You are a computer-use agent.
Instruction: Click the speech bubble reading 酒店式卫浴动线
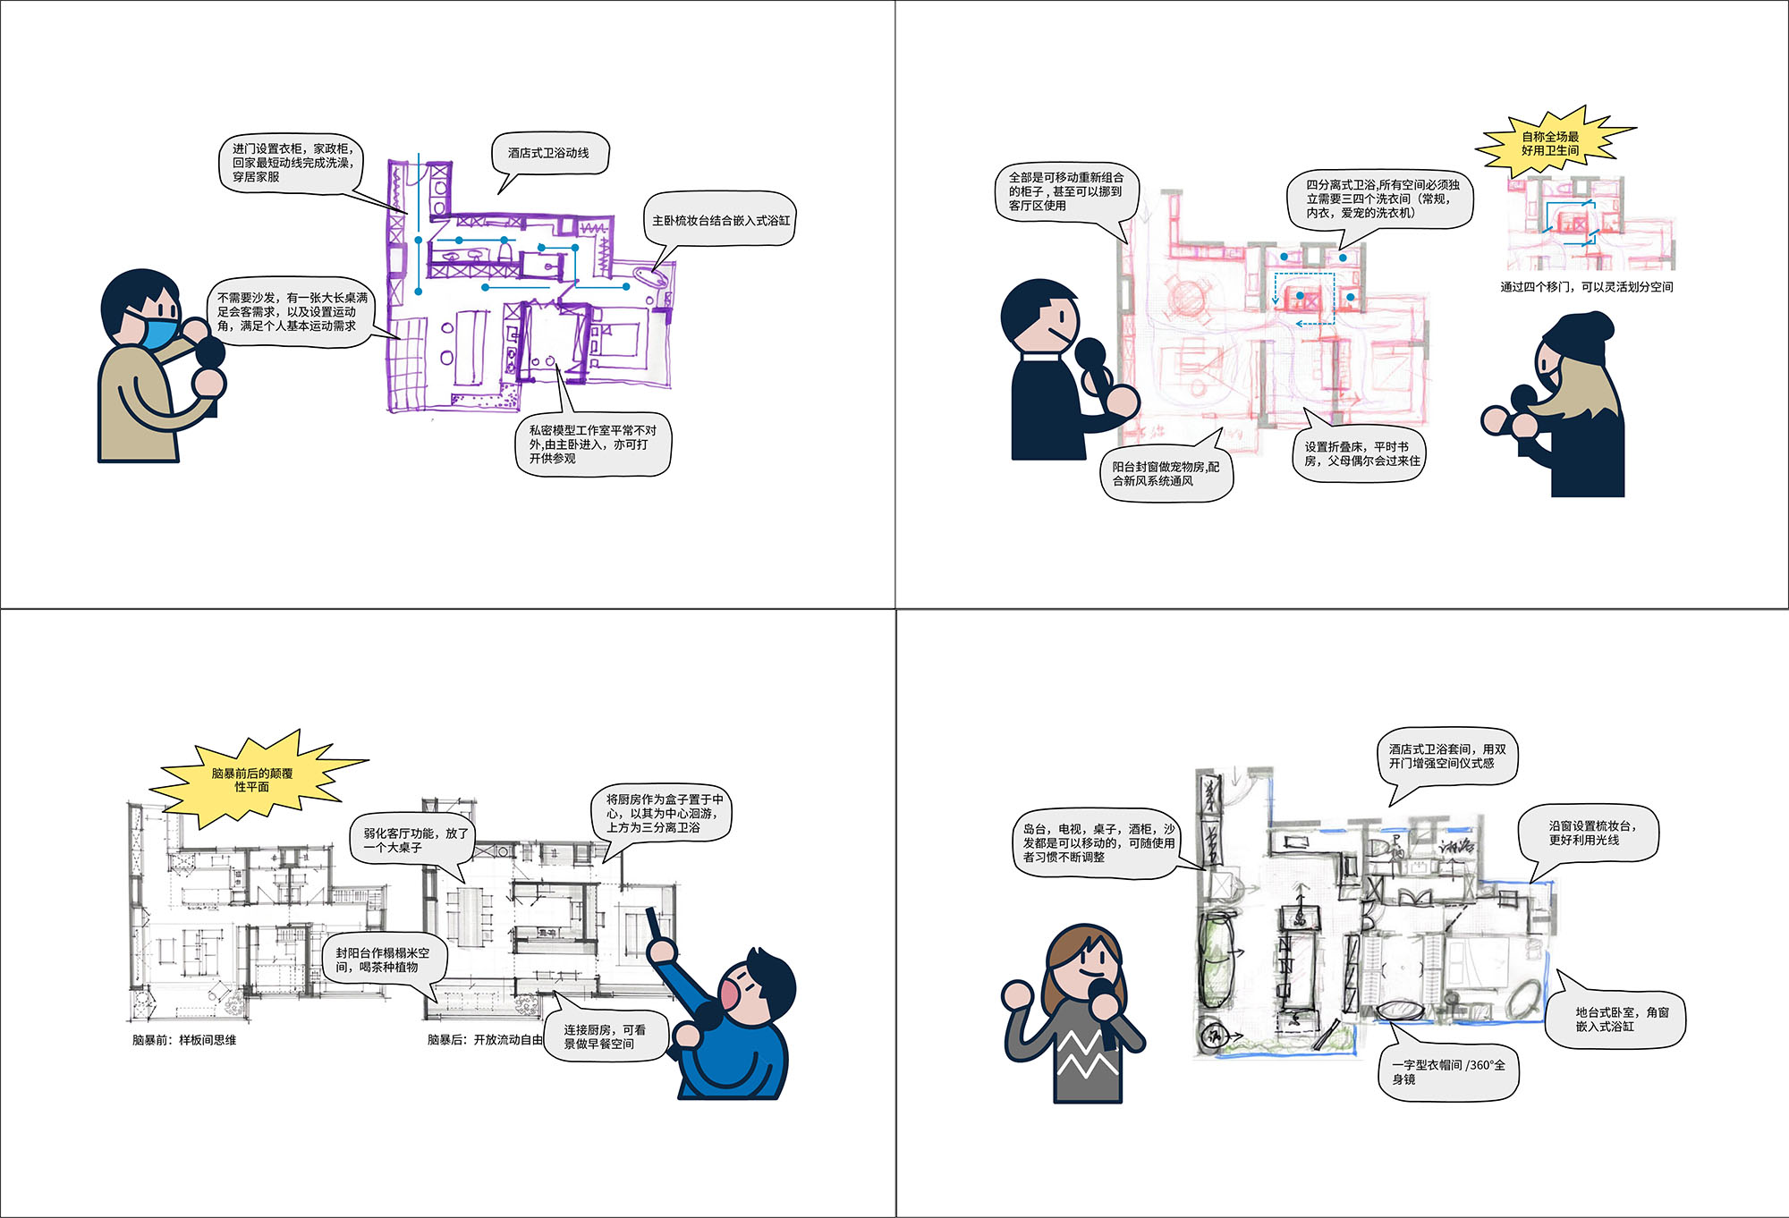(x=549, y=153)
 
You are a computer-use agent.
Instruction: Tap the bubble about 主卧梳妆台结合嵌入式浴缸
(x=720, y=220)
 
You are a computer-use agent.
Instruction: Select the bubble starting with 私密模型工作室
(x=592, y=444)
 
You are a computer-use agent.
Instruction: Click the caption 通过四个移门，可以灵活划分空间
(x=1586, y=287)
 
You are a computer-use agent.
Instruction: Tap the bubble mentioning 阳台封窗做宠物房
(x=1166, y=474)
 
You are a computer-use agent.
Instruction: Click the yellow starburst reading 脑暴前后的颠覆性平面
(x=252, y=779)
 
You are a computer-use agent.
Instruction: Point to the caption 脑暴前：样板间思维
(x=184, y=1040)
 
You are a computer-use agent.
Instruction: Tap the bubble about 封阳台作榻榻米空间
(x=382, y=960)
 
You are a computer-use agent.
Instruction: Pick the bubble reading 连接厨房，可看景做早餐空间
(x=604, y=1036)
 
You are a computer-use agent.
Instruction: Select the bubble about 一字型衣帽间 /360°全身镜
(x=1448, y=1071)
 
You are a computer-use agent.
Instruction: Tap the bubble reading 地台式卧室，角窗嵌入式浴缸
(x=1616, y=1019)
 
